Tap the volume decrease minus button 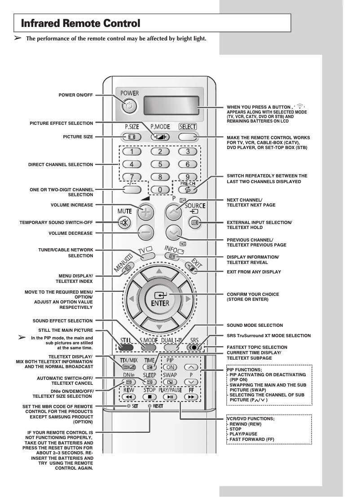(144, 233)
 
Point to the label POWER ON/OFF (76, 95)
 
